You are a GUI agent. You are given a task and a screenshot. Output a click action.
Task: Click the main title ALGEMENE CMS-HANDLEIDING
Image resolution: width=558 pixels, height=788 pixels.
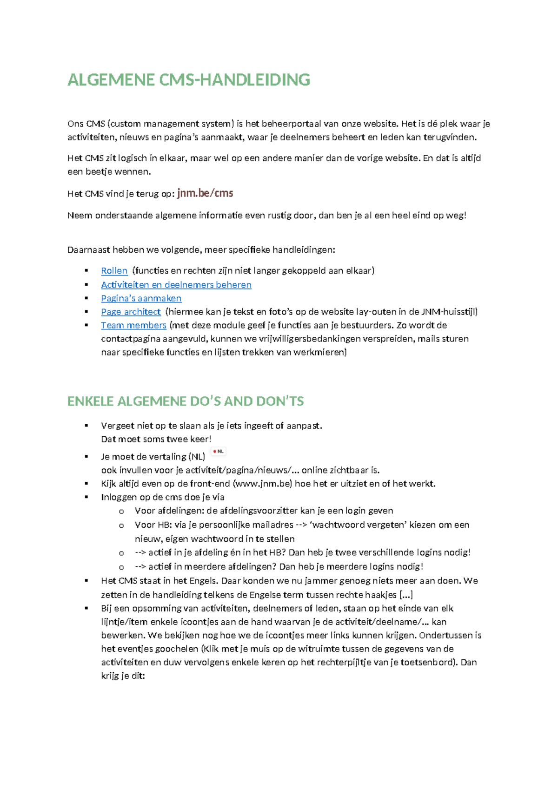[189, 80]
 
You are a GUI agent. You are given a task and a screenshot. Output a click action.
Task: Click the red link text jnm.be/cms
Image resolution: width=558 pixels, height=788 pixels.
[205, 193]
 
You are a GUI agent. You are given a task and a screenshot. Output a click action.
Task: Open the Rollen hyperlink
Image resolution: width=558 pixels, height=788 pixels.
[114, 271]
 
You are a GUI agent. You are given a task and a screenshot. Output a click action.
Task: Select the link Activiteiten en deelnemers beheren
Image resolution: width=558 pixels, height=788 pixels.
[176, 285]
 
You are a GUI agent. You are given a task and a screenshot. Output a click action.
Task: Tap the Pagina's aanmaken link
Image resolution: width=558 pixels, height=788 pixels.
[141, 298]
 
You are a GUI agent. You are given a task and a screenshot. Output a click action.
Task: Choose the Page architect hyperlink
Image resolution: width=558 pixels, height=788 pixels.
[131, 312]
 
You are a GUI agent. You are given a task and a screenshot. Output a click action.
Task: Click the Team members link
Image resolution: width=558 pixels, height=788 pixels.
[133, 325]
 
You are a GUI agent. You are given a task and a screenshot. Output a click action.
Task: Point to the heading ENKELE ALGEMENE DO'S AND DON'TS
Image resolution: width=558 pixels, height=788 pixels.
[186, 401]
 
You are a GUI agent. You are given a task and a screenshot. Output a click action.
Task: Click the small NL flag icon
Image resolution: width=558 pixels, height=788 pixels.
[219, 451]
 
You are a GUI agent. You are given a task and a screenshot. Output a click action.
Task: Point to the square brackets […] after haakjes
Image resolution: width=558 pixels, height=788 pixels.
[406, 595]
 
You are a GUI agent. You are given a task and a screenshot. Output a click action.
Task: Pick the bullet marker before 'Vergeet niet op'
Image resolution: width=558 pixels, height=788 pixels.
[86, 426]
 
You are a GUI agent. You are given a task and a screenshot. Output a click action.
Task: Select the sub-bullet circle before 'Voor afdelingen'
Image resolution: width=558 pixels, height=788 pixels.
[121, 511]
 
